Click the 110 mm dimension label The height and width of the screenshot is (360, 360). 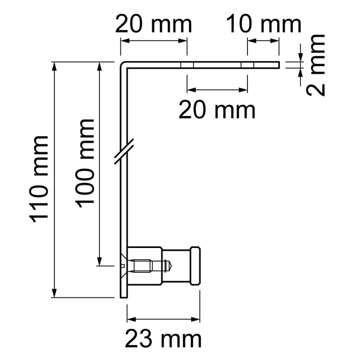pos(38,180)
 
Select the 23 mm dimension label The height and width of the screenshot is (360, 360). pos(163,339)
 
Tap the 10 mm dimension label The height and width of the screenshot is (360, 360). pos(263,23)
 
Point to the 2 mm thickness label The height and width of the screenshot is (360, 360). pos(315,65)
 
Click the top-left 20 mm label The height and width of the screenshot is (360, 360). pos(153,23)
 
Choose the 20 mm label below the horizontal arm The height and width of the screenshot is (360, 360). pos(217,111)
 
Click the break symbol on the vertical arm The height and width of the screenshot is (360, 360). pos(124,151)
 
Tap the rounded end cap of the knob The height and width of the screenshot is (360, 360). pos(195,266)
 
